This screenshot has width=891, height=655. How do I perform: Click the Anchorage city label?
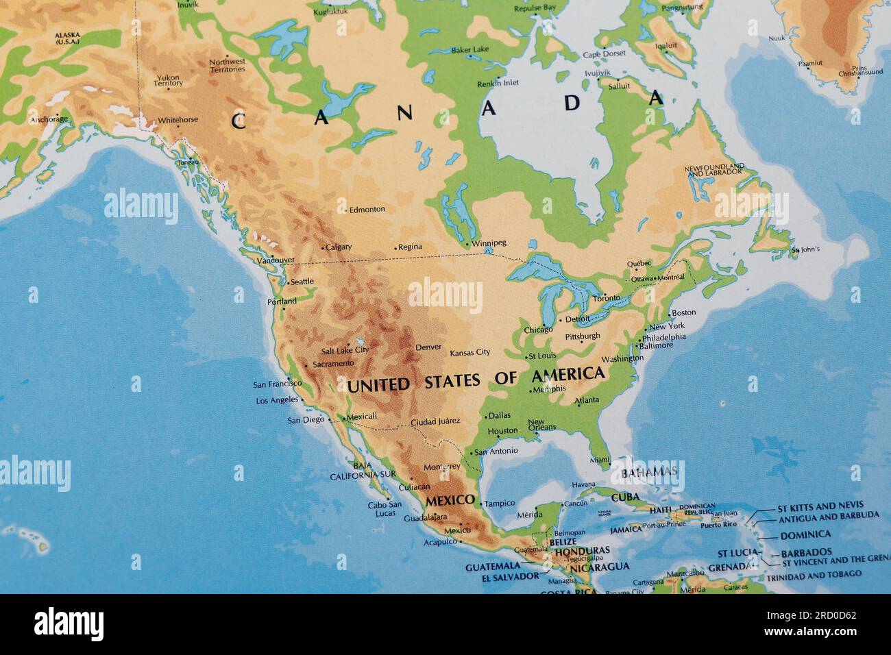pos(49,119)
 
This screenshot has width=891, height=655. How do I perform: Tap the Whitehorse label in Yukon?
pos(178,120)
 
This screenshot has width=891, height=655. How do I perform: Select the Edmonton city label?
pos(367,210)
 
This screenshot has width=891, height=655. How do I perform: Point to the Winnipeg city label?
pos(489,243)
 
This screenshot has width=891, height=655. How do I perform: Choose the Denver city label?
pos(428,347)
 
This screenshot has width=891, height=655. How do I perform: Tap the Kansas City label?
pos(469,353)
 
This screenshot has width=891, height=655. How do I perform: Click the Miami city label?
pos(599,460)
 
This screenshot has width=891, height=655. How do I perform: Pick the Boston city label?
pos(683,312)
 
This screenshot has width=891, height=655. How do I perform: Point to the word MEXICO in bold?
pos(450,501)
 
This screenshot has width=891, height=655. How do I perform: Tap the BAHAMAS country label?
pos(648,473)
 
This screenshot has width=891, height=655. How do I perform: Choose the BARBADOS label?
pos(806,552)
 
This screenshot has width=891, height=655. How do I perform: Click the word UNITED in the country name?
pos(378,385)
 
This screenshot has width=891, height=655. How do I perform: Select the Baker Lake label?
pos(469,49)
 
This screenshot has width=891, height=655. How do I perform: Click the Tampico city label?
pos(500,504)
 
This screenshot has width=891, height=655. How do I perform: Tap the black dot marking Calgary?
pos(323,247)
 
